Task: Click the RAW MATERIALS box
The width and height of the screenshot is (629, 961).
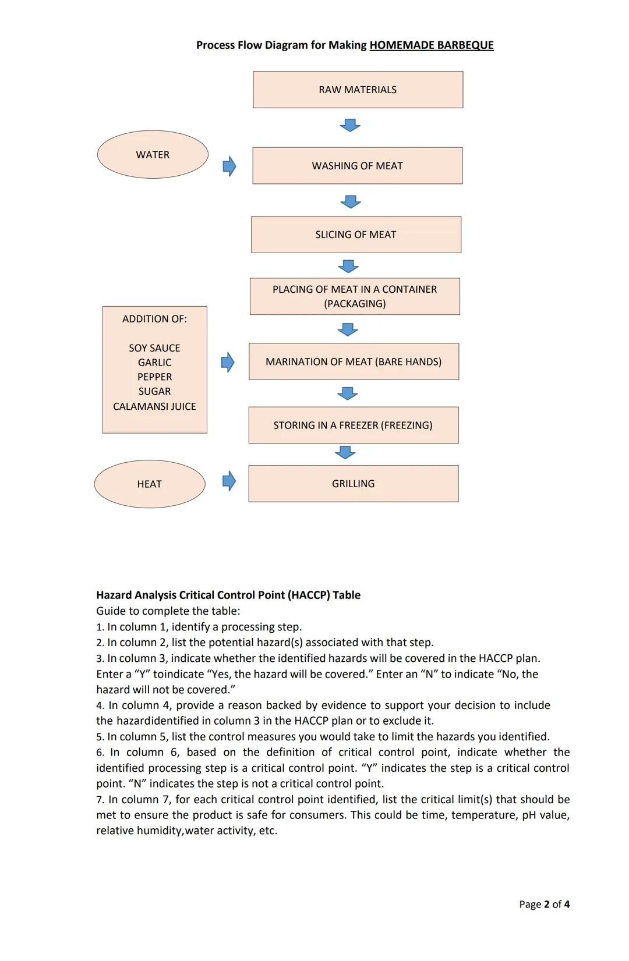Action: [x=358, y=90]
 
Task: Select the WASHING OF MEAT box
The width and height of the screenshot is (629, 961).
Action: [x=357, y=166]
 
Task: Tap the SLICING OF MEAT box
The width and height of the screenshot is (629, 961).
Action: [x=356, y=235]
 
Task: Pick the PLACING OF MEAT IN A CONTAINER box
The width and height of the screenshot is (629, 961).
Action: [x=355, y=296]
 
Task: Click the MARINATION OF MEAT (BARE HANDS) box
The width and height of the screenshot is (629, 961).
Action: [x=354, y=361]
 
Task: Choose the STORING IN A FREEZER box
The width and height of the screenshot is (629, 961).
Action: [x=353, y=425]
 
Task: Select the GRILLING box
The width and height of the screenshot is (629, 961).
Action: [x=353, y=484]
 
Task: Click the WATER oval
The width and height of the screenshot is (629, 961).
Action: [x=153, y=155]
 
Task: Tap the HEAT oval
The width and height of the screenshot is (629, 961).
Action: [x=149, y=484]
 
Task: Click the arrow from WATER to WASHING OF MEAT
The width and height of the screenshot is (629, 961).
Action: [x=229, y=166]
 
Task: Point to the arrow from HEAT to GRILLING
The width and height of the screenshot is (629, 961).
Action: [x=229, y=481]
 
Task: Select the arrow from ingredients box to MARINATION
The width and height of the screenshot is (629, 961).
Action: [x=228, y=363]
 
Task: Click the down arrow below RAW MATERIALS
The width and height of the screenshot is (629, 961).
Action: [x=350, y=125]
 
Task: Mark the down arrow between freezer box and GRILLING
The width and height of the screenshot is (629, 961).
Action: [x=345, y=452]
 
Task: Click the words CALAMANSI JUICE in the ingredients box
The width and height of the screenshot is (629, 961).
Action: [x=154, y=406]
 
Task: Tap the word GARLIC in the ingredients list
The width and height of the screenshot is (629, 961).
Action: [x=154, y=363]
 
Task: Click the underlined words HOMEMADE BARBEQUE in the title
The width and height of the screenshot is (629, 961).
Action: [x=431, y=45]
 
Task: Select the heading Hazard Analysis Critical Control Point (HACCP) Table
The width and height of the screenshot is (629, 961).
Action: [x=228, y=595]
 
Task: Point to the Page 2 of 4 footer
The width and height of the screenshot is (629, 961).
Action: [x=544, y=904]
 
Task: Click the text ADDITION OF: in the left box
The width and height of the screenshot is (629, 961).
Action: [x=154, y=319]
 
